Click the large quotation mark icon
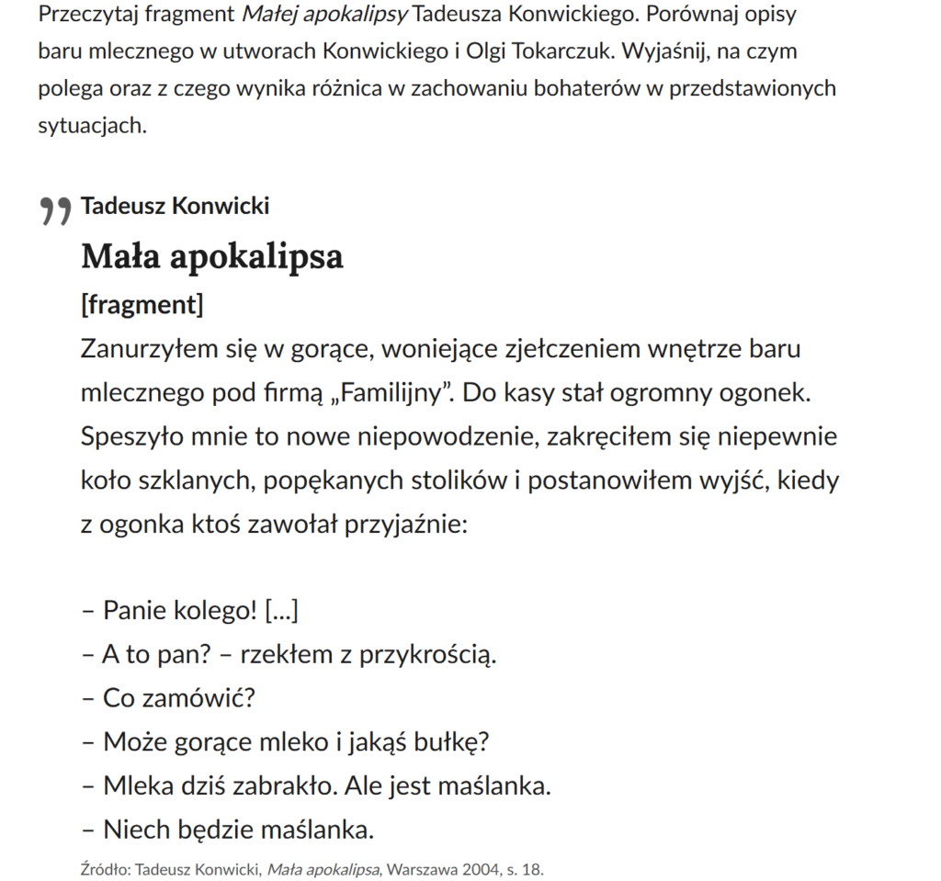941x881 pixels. click(x=55, y=210)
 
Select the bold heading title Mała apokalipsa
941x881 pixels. click(x=211, y=256)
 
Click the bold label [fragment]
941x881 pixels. click(x=142, y=304)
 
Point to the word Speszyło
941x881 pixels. click(x=130, y=436)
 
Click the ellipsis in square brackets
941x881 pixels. click(x=281, y=610)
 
